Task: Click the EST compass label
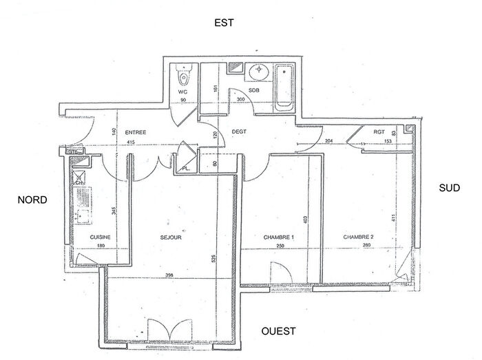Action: click(224, 23)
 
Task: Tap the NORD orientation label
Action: click(32, 200)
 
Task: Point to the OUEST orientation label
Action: click(278, 331)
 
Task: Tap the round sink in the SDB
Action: click(260, 72)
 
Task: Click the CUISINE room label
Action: click(100, 237)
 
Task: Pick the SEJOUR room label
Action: click(170, 237)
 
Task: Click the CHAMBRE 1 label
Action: click(278, 237)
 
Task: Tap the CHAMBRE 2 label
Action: click(359, 237)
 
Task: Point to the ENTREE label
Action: click(134, 133)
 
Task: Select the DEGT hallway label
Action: click(239, 131)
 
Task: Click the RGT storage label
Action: click(379, 131)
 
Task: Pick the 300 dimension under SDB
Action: click(240, 100)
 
